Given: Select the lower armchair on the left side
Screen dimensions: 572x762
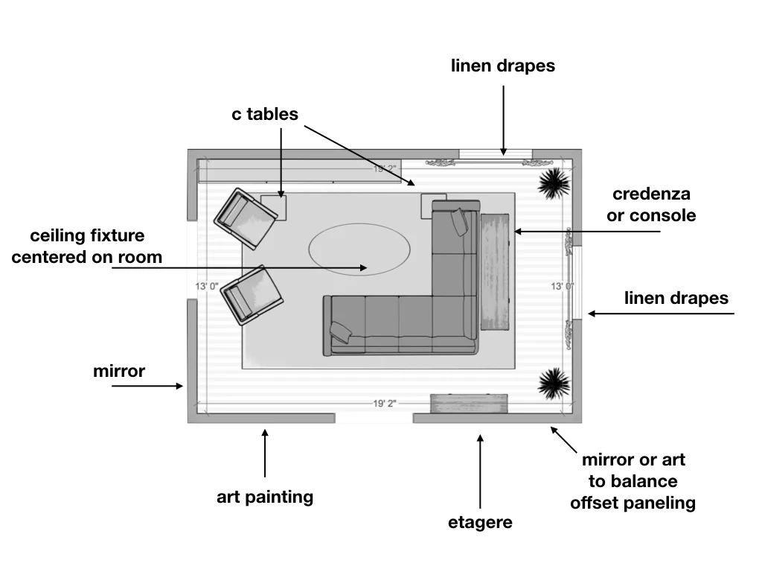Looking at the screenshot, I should pos(252,294).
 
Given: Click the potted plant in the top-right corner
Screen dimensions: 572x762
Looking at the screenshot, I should pos(554,182).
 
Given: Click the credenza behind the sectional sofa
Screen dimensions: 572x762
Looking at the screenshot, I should pos(495,271).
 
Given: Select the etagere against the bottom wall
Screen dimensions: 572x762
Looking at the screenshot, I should pos(470,404).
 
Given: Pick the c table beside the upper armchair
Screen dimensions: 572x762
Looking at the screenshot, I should pos(273,206).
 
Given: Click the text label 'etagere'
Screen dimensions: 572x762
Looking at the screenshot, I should pos(480,522).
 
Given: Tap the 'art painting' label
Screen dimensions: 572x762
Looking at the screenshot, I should pos(265,497).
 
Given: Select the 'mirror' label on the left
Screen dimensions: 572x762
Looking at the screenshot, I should pos(119,370).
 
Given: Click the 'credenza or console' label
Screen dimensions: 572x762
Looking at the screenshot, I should pos(652,205).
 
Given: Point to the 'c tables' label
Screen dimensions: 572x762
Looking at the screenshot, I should pos(265,114).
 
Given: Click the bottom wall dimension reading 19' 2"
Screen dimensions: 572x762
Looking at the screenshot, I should pos(385,404).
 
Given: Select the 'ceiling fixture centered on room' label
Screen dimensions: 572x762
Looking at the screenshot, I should pos(87,247).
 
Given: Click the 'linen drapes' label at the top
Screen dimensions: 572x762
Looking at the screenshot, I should pos(503,66).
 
